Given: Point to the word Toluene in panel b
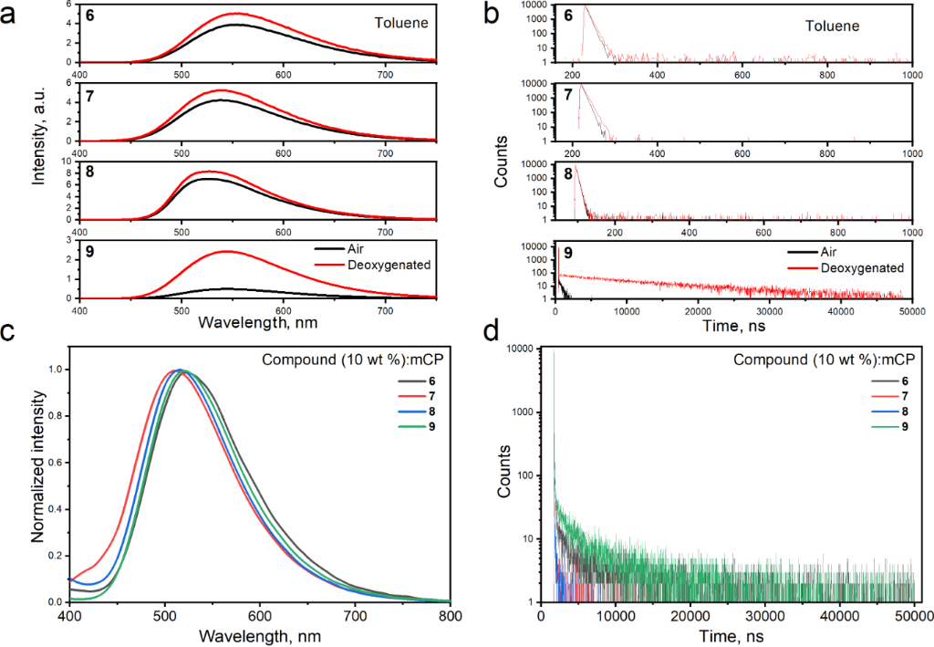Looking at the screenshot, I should pos(831,26).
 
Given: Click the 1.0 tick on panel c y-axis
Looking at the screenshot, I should pos(57,370).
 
